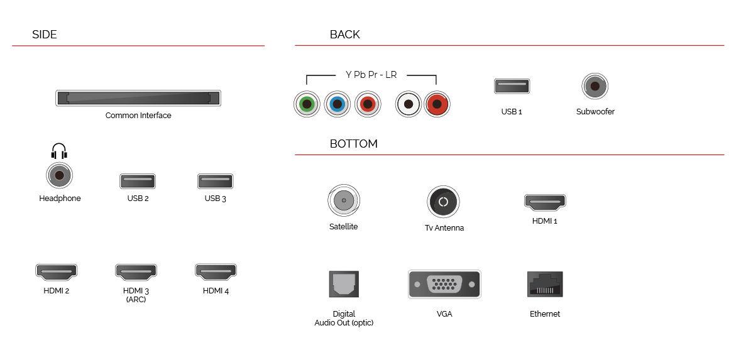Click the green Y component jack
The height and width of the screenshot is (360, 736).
307,104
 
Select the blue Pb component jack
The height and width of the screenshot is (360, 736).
337,104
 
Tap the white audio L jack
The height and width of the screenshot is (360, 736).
409,104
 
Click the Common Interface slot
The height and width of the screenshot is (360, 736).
138,98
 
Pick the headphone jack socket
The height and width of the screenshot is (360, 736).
60,175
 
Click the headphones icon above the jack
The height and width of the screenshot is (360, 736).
59,151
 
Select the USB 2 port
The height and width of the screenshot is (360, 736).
138,181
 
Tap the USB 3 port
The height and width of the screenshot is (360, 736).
216,181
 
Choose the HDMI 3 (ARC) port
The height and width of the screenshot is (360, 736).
136,271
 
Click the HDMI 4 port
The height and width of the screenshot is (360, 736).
216,271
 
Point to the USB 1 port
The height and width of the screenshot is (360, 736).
512,86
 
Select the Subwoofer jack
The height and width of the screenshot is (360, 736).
595,86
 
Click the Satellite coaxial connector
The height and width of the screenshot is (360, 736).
344,200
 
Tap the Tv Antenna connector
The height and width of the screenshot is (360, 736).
443,202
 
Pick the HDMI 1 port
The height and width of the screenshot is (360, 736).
545,202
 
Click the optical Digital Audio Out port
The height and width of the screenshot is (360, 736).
344,284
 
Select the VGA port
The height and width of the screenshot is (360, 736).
444,284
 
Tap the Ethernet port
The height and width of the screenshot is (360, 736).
545,284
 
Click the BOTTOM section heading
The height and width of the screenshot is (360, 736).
353,144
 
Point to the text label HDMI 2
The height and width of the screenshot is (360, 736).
57,291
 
